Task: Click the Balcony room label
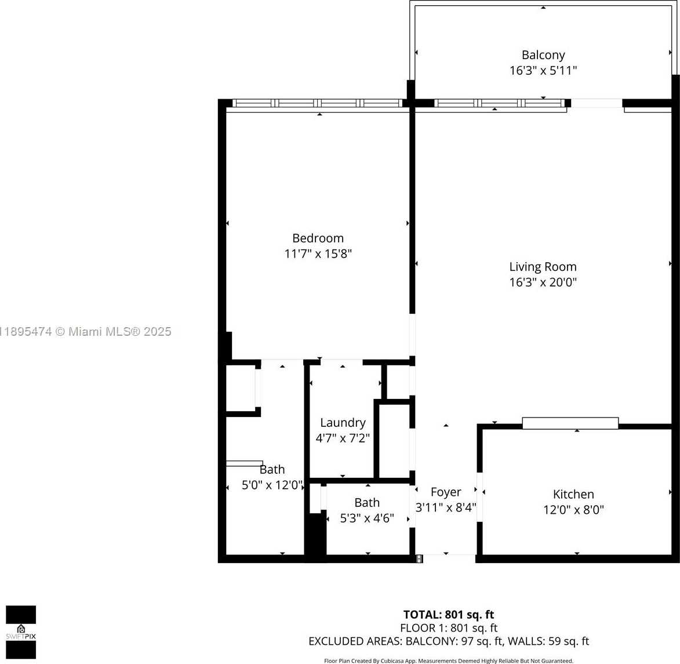(543, 55)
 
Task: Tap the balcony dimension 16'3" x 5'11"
(543, 71)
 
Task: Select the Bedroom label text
(318, 238)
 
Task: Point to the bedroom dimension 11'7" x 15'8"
(318, 254)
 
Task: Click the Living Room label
(543, 267)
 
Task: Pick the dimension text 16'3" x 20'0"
(543, 282)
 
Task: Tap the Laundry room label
(343, 423)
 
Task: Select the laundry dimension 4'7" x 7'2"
(343, 438)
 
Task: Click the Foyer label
(446, 492)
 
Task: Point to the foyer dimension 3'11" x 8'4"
(446, 507)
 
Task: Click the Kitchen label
(573, 495)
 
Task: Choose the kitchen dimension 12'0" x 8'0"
(573, 510)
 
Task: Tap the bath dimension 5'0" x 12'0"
(272, 485)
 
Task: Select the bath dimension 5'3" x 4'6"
(367, 518)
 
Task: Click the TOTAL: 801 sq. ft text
(448, 615)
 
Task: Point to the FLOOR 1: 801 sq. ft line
(448, 628)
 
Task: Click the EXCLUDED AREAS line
(448, 641)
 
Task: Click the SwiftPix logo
(21, 632)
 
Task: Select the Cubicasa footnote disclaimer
(448, 661)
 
